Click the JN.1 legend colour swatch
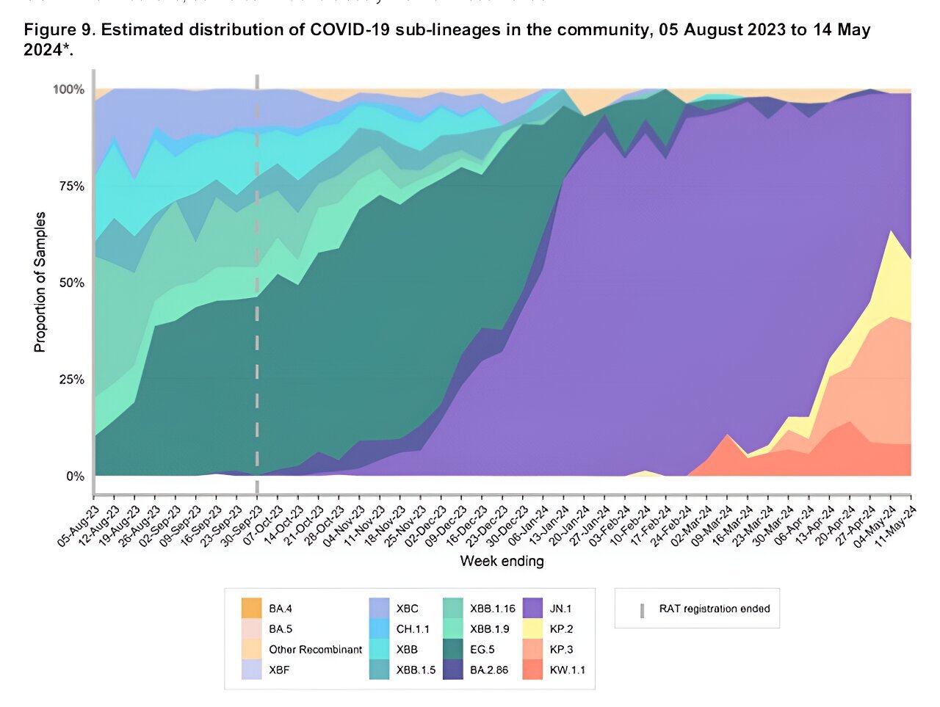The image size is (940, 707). click(534, 609)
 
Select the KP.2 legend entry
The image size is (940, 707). click(561, 629)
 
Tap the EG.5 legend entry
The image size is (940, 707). click(482, 649)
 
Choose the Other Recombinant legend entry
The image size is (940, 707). click(315, 649)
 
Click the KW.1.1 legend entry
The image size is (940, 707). click(566, 670)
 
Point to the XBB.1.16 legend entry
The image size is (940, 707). click(492, 609)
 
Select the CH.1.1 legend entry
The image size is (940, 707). click(413, 629)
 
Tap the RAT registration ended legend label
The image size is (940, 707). click(714, 609)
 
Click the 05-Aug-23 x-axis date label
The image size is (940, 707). click(79, 523)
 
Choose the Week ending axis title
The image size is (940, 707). click(502, 562)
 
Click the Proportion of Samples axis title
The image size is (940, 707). click(40, 283)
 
